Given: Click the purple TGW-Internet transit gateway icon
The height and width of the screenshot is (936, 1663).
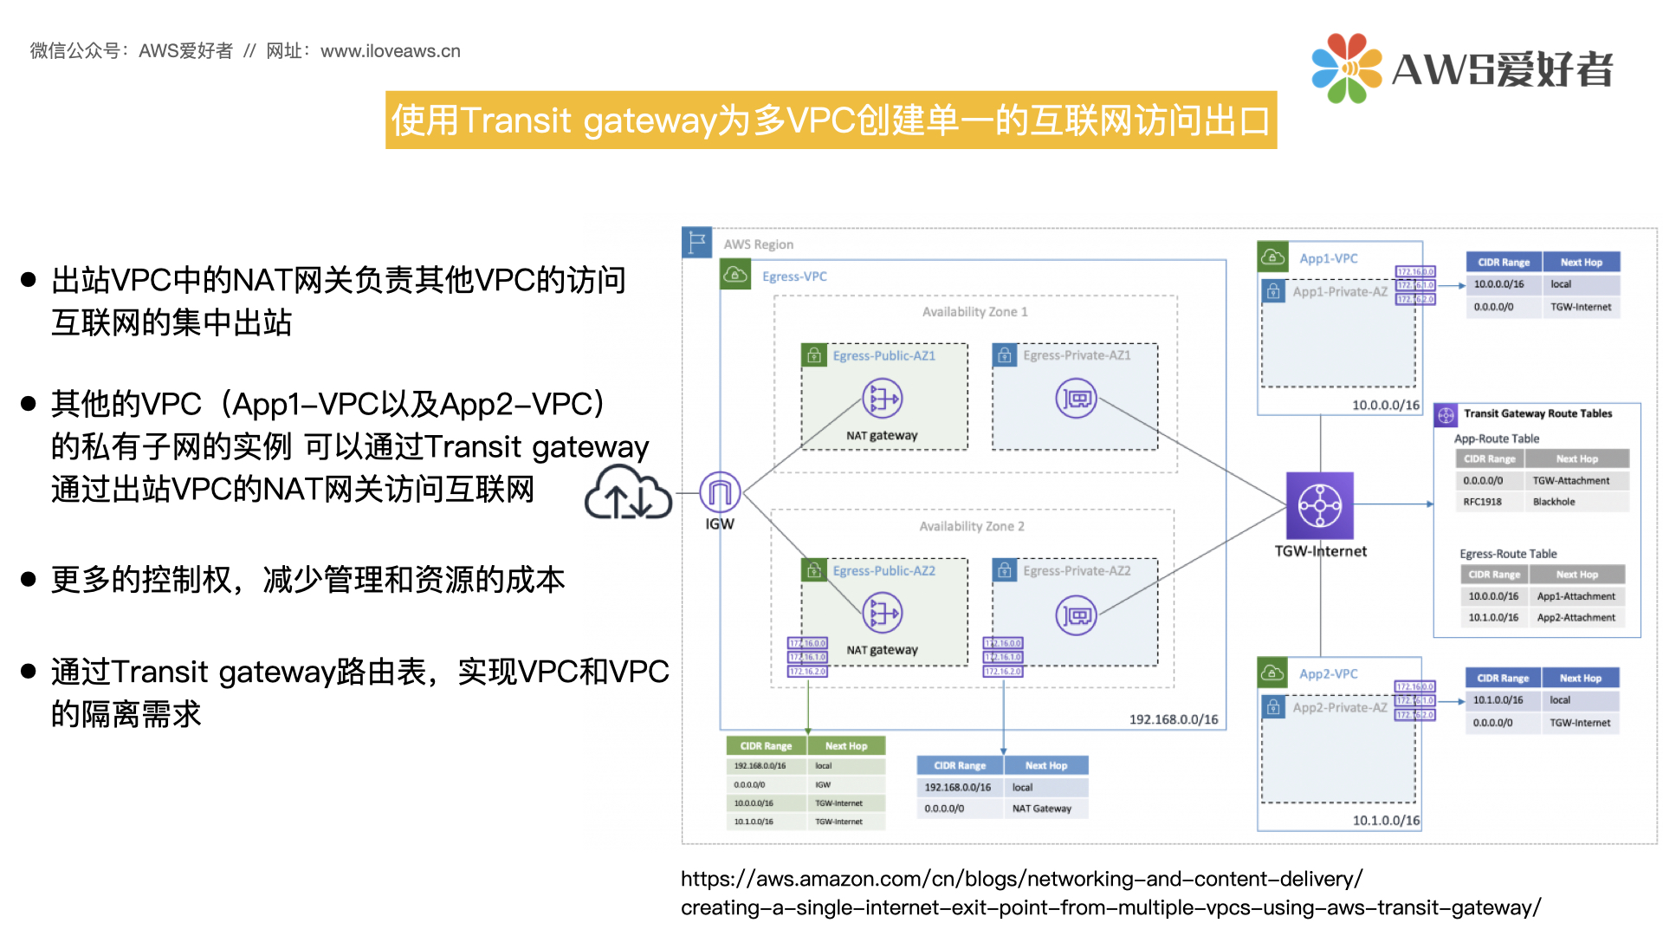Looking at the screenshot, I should pos(1319,505).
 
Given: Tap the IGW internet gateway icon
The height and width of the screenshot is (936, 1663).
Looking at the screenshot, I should pos(720,492).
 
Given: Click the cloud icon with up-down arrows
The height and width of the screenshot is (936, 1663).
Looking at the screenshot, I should pos(628,493).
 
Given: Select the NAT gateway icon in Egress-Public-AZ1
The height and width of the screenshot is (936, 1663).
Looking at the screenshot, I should pos(882,399).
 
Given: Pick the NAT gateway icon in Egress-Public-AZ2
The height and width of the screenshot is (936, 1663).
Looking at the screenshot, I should pos(882,614).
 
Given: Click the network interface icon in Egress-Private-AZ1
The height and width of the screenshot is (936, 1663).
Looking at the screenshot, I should pos(1076,399).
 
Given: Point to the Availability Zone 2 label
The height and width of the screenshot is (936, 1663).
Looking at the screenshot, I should pos(971,526).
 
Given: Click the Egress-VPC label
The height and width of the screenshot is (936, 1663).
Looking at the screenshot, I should pos(794,276).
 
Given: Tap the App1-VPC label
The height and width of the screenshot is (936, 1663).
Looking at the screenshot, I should pos(1328,258).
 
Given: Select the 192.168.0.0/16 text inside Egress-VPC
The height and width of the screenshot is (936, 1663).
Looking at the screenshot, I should pos(1173,719).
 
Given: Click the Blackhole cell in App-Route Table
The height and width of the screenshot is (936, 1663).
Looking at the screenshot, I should pos(1554,502).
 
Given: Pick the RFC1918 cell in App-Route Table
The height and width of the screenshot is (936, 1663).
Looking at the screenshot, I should pos(1482,502).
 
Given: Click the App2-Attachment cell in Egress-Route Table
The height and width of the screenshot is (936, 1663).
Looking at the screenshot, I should pos(1576,618).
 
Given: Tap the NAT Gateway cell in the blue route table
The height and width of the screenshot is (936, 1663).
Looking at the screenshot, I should pos(1041,809).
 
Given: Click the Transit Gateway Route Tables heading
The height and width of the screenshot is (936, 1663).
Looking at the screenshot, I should pos(1537,413).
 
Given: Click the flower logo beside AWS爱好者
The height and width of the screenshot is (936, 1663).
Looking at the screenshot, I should pos(1346,68).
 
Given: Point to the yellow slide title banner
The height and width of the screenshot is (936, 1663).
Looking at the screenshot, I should pos(831,120).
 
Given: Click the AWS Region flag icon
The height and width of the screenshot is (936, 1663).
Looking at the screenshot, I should pos(696,243).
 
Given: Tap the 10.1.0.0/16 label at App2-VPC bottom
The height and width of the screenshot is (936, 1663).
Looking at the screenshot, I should pos(1386,820).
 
